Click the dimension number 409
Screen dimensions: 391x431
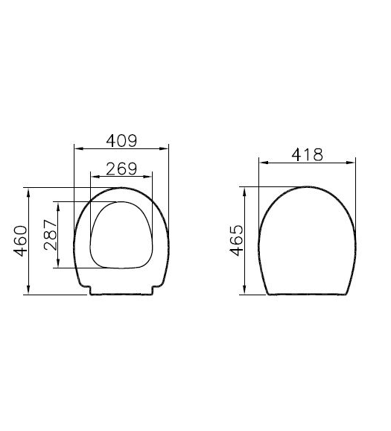click(x=121, y=141)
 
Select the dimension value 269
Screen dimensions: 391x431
click(x=121, y=169)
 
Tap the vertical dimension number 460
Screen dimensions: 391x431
click(x=21, y=241)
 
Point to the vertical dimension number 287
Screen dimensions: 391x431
click(x=50, y=235)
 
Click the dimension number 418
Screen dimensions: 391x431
click(x=308, y=155)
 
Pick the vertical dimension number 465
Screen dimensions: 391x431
click(x=236, y=241)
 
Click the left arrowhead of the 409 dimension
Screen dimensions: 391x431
click(x=79, y=148)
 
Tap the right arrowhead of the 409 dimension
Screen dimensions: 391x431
click(x=164, y=148)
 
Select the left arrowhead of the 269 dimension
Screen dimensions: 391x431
click(x=95, y=177)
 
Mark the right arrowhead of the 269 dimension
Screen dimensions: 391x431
click(x=147, y=177)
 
